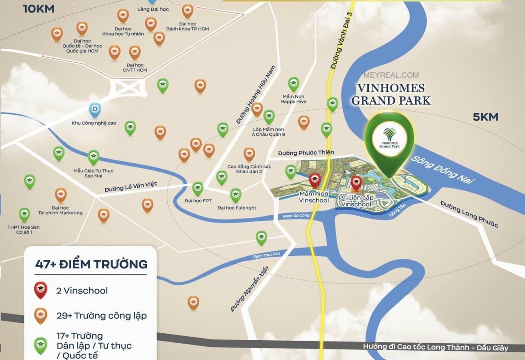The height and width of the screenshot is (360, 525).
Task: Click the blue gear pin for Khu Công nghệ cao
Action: (95, 110)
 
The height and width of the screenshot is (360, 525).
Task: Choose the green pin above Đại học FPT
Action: (198, 188)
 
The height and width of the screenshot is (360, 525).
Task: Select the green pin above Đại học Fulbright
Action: (235, 195)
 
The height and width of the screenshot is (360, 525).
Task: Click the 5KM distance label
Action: (486, 117)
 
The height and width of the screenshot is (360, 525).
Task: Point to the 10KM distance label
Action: (39, 9)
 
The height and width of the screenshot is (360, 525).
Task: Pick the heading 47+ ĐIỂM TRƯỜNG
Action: (91, 264)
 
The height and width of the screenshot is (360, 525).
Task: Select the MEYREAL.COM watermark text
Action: (391, 75)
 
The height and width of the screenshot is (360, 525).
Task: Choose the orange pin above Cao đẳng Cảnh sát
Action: (249, 154)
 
